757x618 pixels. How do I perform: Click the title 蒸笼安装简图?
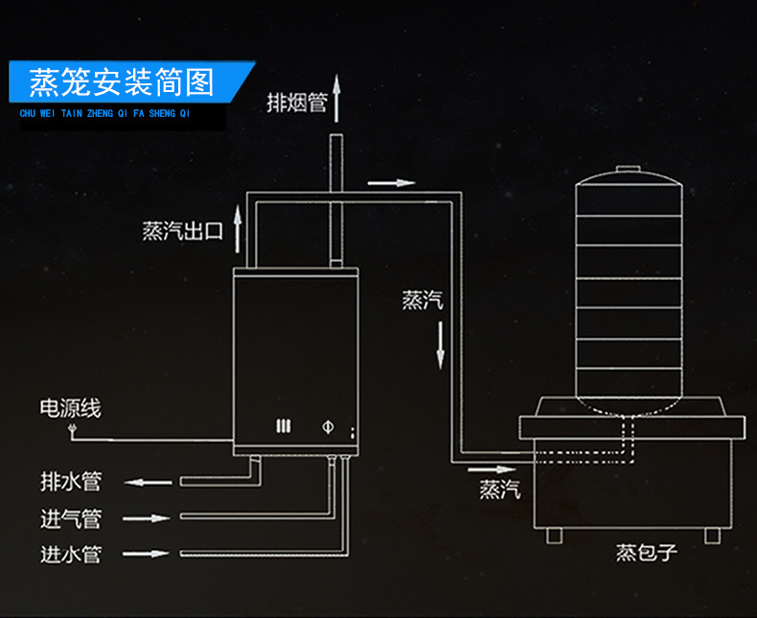coord(122,83)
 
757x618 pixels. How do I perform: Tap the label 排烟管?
coord(296,103)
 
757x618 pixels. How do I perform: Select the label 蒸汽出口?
coord(182,231)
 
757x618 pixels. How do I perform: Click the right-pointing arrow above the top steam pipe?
coord(392,182)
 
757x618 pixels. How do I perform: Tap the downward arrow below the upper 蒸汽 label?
coord(441,345)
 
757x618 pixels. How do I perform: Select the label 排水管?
coord(70,479)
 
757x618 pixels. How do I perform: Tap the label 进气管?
coord(70,518)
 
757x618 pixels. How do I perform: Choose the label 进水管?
coord(70,554)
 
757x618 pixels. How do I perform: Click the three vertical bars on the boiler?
coord(283,427)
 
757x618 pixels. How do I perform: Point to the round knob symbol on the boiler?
coord(327,426)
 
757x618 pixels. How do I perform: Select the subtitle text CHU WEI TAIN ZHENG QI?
coord(105,113)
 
